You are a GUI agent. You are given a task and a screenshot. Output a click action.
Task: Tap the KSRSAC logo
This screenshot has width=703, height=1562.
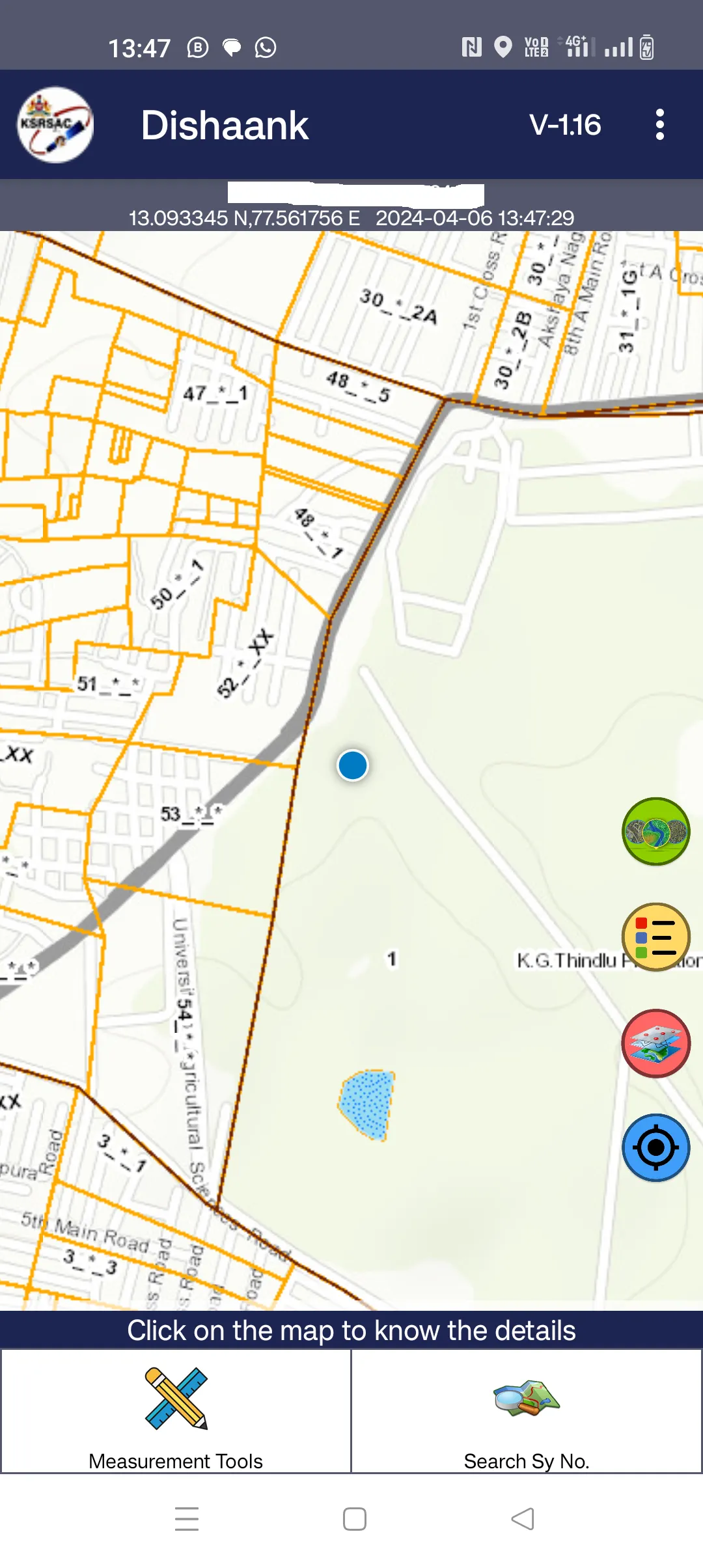click(x=55, y=124)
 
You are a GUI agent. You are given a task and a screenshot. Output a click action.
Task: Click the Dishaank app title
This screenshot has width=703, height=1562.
click(x=225, y=125)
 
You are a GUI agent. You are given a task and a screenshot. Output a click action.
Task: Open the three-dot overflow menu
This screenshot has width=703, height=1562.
click(x=659, y=124)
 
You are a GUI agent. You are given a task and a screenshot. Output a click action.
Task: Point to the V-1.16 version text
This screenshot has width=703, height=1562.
click(x=565, y=125)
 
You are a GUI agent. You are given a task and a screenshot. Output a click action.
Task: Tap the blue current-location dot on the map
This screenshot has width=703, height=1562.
click(x=353, y=765)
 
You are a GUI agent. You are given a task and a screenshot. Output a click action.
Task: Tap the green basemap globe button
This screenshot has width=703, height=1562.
click(x=655, y=831)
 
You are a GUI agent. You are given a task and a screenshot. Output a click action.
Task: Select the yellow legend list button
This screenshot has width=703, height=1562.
click(x=655, y=937)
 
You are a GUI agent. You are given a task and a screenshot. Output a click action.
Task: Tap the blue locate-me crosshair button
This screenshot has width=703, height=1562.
click(x=655, y=1147)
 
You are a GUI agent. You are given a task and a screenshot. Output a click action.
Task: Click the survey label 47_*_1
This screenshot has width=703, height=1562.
click(x=215, y=393)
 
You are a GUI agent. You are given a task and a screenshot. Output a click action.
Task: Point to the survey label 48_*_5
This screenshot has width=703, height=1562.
click(x=358, y=386)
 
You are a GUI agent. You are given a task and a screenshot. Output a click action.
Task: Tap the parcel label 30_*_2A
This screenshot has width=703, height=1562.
click(x=398, y=306)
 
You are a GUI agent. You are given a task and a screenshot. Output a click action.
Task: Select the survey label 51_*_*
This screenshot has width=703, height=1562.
click(x=107, y=684)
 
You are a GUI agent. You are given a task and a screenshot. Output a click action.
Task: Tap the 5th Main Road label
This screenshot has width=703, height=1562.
click(x=85, y=1231)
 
